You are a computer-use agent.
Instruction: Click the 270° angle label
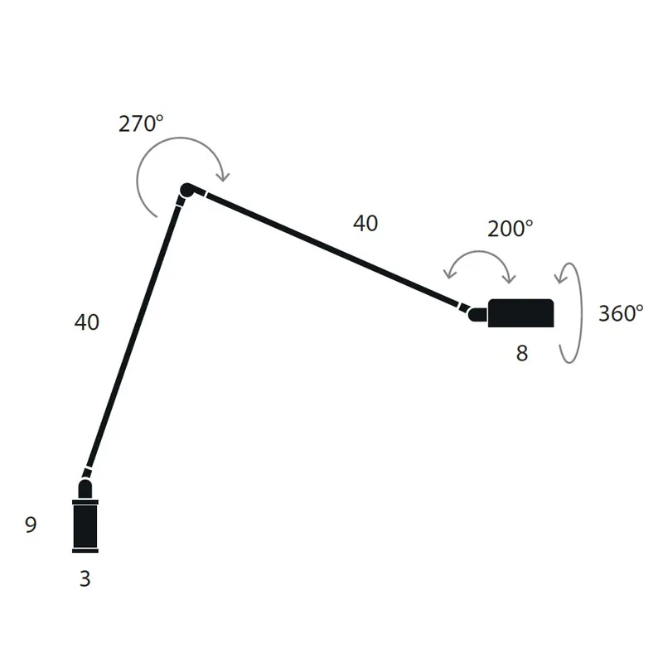(x=141, y=124)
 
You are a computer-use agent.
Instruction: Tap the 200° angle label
(x=510, y=229)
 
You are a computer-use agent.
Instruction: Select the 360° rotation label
(x=620, y=313)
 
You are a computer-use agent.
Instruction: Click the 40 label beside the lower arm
(x=87, y=322)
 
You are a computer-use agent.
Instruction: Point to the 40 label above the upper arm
(x=365, y=223)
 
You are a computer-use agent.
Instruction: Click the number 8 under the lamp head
(x=521, y=353)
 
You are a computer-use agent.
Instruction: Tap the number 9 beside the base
(x=31, y=525)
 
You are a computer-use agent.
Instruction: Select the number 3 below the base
(x=85, y=578)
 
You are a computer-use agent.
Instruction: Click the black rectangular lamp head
(x=520, y=313)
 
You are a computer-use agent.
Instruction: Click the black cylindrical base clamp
(x=85, y=525)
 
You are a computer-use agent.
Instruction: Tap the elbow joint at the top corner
(x=186, y=191)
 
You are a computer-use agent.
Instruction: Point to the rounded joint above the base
(x=85, y=487)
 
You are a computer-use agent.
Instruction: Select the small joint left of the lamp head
(x=477, y=314)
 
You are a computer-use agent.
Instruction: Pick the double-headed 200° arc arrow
(x=480, y=256)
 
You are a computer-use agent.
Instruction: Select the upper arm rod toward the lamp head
(x=331, y=249)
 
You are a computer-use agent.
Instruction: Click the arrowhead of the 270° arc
(x=223, y=176)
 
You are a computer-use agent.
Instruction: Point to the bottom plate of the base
(x=85, y=549)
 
